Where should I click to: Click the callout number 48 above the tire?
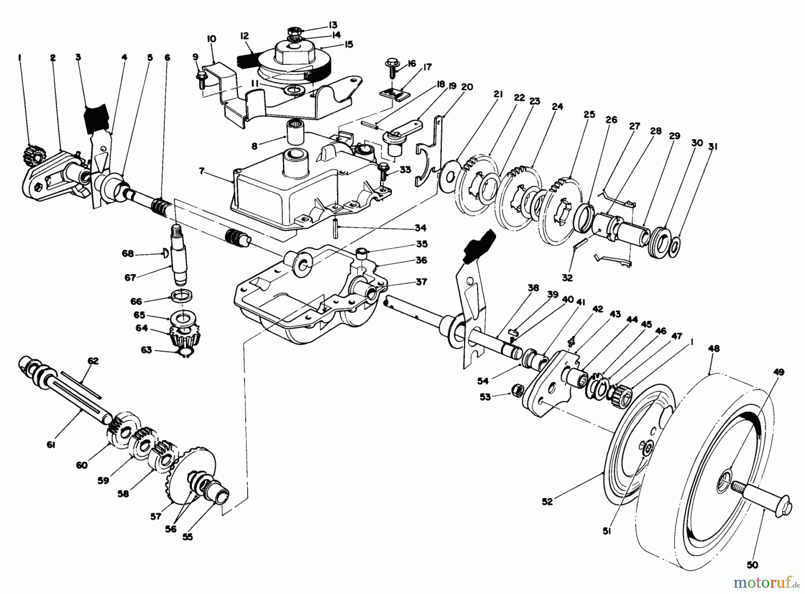(x=714, y=349)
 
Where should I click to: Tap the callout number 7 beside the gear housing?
(x=202, y=171)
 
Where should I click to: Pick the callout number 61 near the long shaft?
(x=51, y=445)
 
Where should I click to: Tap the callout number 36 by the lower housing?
(x=421, y=260)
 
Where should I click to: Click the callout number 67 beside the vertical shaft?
(x=130, y=278)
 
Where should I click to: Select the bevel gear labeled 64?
(x=182, y=337)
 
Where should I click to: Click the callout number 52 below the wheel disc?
(x=547, y=502)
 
